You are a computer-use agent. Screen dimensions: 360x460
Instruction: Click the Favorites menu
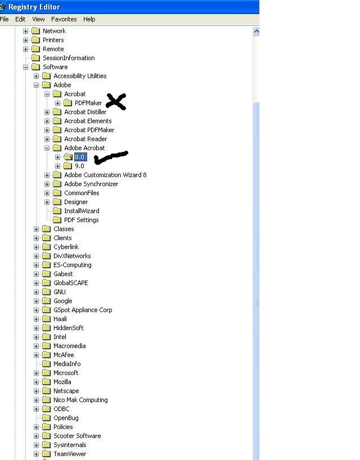point(64,19)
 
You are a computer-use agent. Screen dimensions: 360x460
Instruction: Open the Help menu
point(89,19)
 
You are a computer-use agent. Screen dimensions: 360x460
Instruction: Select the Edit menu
point(20,19)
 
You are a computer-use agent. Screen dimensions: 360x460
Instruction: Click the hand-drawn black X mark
point(116,102)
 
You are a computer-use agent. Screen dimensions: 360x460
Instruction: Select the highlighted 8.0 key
point(80,157)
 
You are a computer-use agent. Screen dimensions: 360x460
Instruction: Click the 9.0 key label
point(79,166)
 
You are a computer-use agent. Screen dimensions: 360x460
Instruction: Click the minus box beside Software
point(25,67)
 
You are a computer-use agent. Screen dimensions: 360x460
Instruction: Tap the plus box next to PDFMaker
point(57,103)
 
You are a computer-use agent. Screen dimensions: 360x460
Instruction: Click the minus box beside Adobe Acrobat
point(47,148)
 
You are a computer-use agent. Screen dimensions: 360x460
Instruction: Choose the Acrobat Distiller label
point(85,112)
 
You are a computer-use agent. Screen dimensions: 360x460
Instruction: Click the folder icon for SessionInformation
point(35,58)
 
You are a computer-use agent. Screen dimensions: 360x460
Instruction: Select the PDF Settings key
point(81,220)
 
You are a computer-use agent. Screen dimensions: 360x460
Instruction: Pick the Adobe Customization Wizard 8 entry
point(105,175)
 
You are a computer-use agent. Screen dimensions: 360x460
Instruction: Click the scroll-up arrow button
point(256,31)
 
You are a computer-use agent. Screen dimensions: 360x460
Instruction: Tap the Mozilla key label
point(62,382)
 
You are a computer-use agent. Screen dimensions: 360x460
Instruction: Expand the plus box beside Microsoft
point(36,373)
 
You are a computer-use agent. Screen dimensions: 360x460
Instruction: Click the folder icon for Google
point(46,301)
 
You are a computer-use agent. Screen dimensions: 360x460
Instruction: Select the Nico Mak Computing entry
point(80,400)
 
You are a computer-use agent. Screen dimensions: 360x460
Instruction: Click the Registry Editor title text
point(34,7)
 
